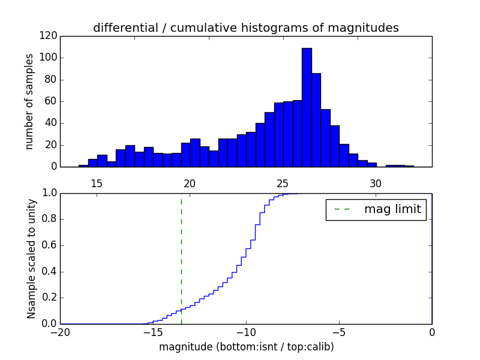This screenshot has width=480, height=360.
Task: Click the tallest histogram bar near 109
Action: tap(307, 108)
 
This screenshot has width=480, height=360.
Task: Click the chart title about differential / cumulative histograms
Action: tap(245, 28)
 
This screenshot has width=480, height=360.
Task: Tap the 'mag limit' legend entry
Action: tap(376, 209)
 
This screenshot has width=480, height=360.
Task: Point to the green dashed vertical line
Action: tap(181, 258)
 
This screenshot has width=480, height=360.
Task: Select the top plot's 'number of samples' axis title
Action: tap(29, 101)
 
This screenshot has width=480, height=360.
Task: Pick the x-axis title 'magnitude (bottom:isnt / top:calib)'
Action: tap(246, 347)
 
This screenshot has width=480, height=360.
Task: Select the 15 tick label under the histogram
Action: tap(97, 183)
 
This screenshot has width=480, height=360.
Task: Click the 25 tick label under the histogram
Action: tap(283, 183)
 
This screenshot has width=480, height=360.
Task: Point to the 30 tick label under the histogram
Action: tap(376, 183)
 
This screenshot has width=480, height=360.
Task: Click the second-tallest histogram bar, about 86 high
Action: tap(316, 120)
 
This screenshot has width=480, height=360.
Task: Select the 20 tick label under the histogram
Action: tap(190, 183)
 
